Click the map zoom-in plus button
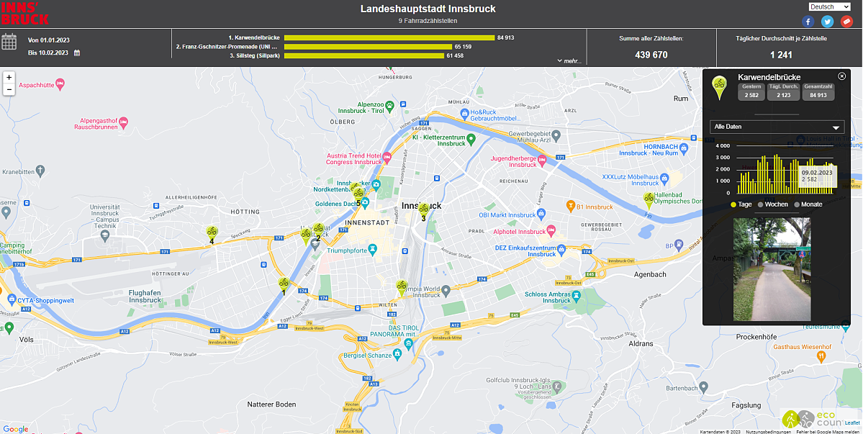tap(9, 77)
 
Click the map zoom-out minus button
tap(9, 89)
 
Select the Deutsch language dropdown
tap(829, 6)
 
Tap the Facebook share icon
tap(809, 22)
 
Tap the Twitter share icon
tap(828, 22)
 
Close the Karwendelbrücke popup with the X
tap(842, 76)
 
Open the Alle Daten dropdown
tap(777, 127)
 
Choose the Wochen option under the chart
tap(772, 204)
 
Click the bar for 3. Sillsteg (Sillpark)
tap(364, 55)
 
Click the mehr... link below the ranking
tap(569, 61)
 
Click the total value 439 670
tap(651, 55)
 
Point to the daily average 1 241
tap(781, 55)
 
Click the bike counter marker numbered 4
tap(212, 232)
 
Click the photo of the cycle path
tap(771, 269)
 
